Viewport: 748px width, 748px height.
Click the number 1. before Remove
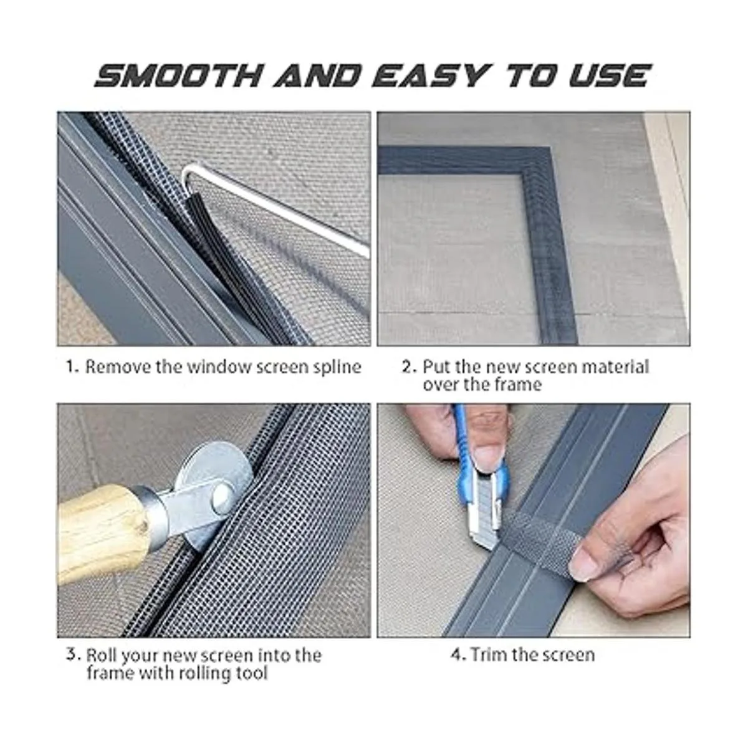pos(72,367)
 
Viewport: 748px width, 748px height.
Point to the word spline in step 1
pos(337,368)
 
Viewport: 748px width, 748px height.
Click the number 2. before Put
pos(409,367)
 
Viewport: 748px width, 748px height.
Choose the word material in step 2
pos(616,367)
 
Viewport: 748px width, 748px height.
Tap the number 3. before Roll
pos(74,654)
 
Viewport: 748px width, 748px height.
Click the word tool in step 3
pos(252,673)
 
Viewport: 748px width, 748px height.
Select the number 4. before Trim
pos(458,654)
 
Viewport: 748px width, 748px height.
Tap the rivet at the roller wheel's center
pos(221,498)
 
